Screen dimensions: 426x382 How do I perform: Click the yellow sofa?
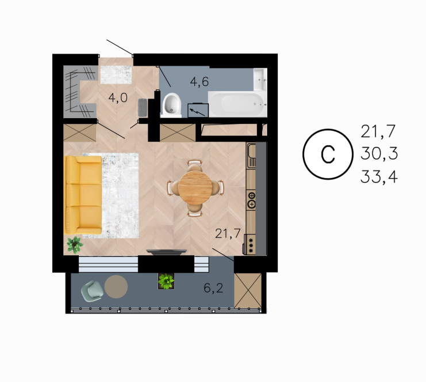[x=83, y=195]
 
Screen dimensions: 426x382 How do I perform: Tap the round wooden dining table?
[x=195, y=187]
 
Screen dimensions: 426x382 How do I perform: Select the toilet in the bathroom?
[x=171, y=105]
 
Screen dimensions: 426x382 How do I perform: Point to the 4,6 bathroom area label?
[x=199, y=81]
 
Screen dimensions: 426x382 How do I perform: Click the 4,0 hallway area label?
[x=118, y=97]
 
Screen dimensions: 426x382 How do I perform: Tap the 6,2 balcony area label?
[x=213, y=288]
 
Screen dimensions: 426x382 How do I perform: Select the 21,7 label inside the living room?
[x=228, y=233]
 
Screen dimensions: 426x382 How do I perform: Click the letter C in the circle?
[x=328, y=154]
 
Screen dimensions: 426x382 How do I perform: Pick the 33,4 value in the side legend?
[x=379, y=177]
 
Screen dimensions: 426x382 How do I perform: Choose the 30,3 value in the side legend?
[x=379, y=153]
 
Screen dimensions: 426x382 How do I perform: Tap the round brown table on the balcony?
[x=116, y=287]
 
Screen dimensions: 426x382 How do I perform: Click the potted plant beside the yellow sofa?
[x=75, y=244]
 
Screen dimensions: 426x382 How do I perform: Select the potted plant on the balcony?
[x=166, y=281]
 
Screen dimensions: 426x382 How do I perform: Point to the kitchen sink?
[x=251, y=156]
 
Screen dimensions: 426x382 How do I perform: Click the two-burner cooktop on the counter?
[x=251, y=199]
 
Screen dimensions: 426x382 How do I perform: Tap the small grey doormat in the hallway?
[x=143, y=107]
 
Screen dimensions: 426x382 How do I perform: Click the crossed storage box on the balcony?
[x=248, y=290]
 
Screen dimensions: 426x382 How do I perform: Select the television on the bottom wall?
[x=166, y=252]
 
